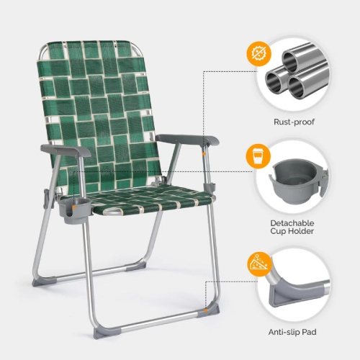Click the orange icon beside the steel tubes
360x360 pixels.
(x=257, y=53)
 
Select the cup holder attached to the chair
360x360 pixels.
(x=76, y=211)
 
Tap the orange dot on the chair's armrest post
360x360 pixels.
(x=205, y=152)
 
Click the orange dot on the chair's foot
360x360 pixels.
(x=206, y=310)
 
